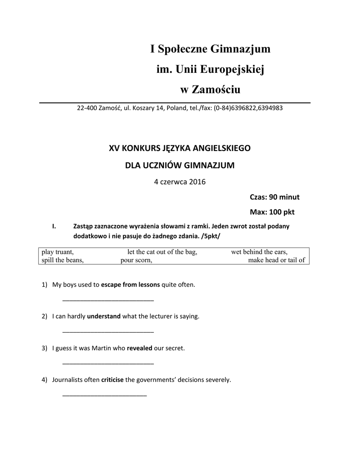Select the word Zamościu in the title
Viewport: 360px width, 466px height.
tap(217, 90)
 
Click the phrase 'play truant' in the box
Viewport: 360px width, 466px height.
tap(58, 252)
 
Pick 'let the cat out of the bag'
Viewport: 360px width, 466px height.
tap(162, 252)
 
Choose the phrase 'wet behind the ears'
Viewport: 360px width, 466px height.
tap(259, 252)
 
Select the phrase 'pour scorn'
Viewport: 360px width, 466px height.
tap(136, 260)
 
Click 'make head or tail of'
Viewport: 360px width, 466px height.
tap(276, 260)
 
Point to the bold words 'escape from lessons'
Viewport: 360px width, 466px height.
tap(130, 285)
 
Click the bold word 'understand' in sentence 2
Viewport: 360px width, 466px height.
tap(104, 316)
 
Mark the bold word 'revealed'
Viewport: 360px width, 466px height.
tap(139, 348)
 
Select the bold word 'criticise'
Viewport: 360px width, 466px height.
tap(112, 380)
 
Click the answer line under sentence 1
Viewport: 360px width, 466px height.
tap(108, 301)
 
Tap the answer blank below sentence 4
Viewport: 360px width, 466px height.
tap(104, 395)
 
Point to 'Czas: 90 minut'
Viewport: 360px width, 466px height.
tap(274, 197)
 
